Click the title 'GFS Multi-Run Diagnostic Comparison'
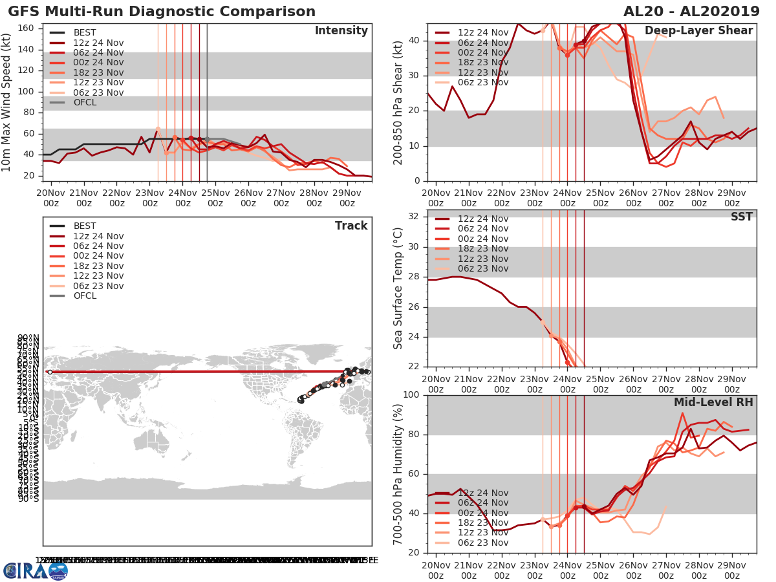tap(162, 12)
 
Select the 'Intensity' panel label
tap(341, 31)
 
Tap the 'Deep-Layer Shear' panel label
tap(698, 31)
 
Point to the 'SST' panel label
tap(741, 217)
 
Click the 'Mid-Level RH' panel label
tap(713, 402)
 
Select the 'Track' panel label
tap(351, 226)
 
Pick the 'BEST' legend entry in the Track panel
tap(85, 226)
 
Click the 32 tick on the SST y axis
tap(413, 216)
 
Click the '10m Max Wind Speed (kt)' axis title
tap(7, 103)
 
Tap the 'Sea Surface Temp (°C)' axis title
tap(398, 288)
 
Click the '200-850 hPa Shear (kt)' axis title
tap(398, 102)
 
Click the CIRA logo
tap(35, 571)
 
